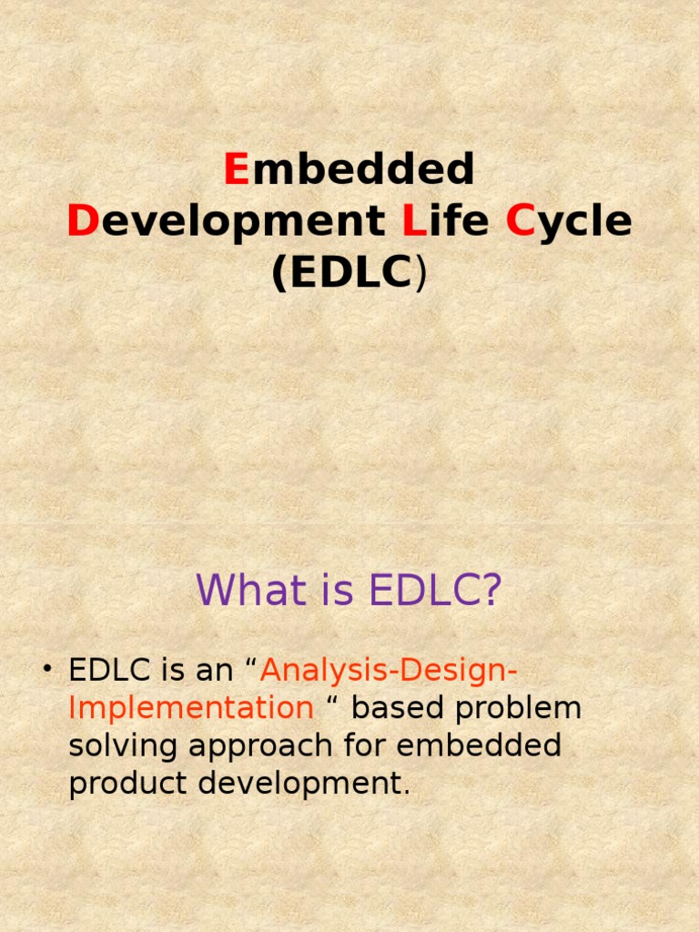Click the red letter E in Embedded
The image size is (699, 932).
click(x=237, y=169)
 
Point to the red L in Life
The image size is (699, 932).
click(x=409, y=222)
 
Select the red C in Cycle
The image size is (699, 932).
click(x=520, y=222)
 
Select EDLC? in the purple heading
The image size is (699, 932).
click(x=435, y=591)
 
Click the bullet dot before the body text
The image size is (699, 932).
click(x=46, y=672)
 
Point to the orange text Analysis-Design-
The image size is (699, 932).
click(x=390, y=672)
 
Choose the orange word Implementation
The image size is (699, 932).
click(x=191, y=709)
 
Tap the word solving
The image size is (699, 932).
click(x=124, y=746)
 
